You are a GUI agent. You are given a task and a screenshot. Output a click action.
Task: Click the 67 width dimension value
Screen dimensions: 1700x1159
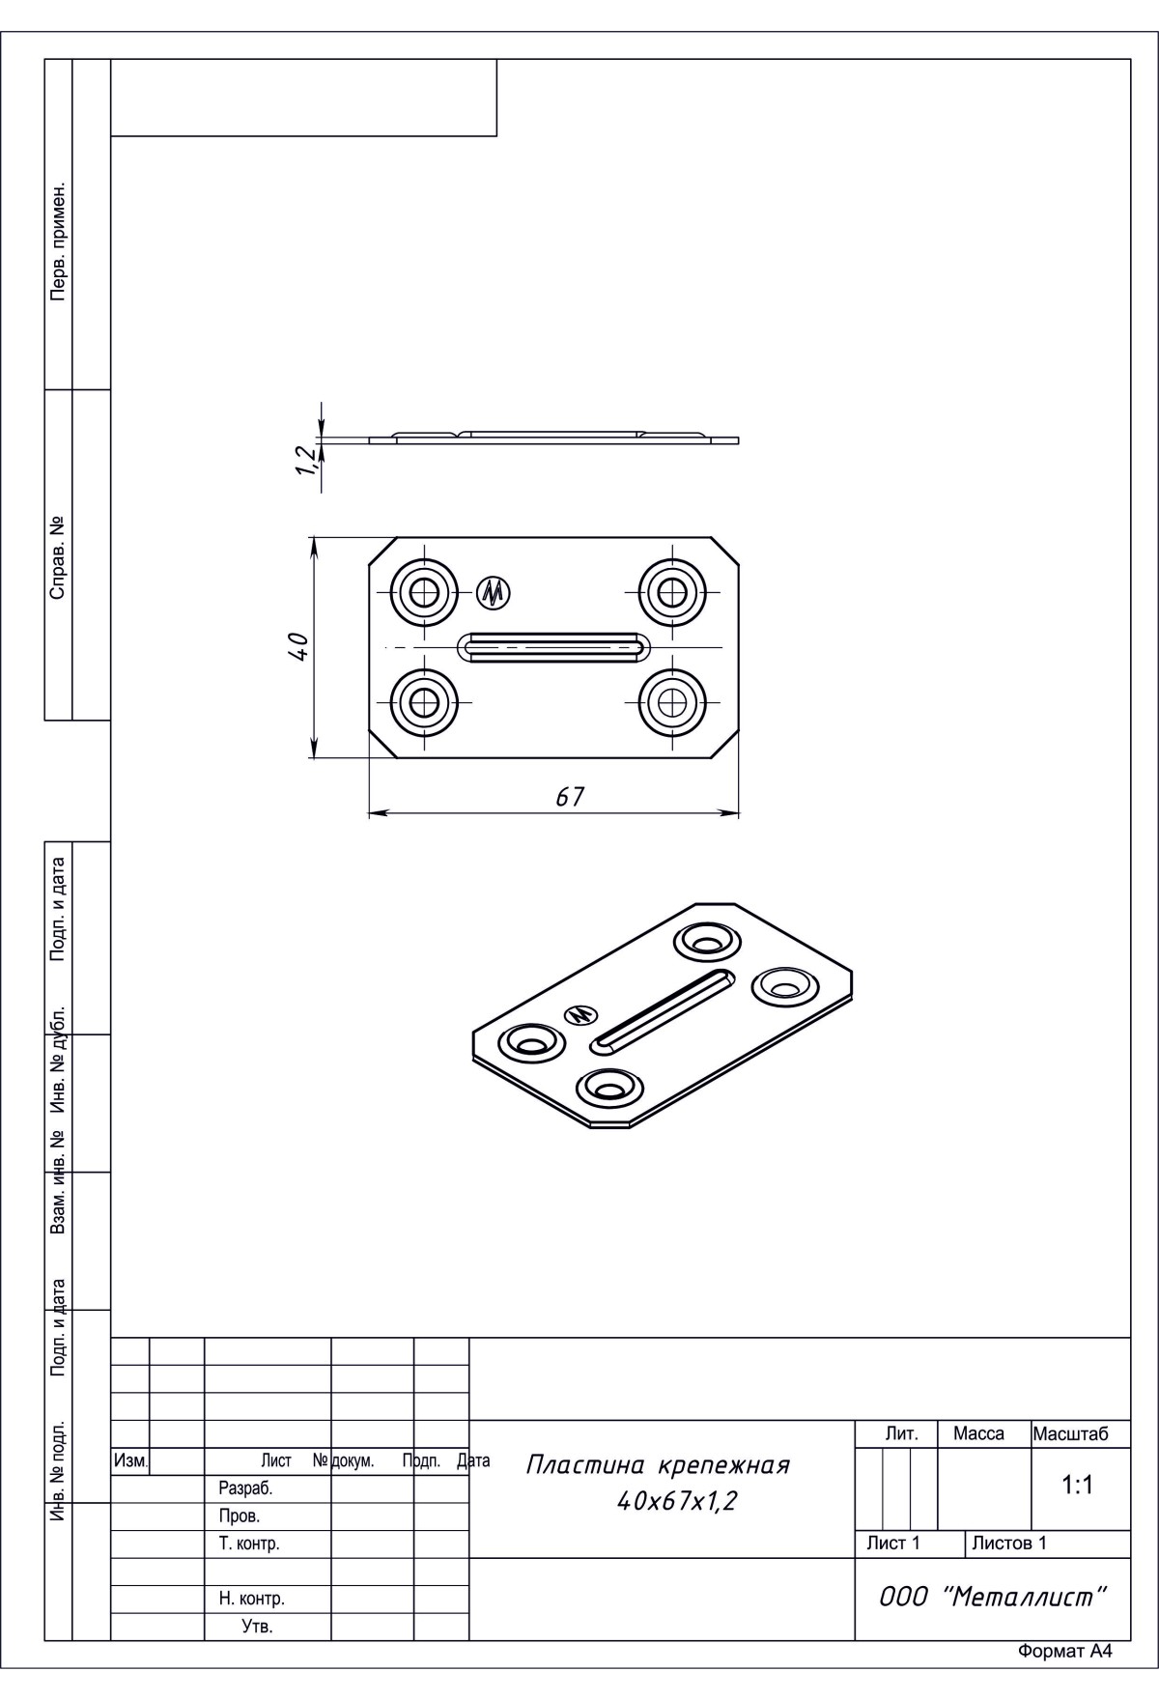tap(571, 797)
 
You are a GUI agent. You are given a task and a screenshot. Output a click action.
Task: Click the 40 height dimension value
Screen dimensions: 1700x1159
tap(298, 646)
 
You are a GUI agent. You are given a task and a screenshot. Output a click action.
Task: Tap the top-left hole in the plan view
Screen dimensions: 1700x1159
tap(423, 589)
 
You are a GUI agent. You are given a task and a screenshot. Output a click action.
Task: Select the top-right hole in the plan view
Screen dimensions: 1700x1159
tap(672, 589)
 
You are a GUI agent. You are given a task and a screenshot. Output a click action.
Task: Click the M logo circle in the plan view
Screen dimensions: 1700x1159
tap(495, 592)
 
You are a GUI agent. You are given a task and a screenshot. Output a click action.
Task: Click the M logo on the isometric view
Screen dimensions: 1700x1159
tap(579, 1014)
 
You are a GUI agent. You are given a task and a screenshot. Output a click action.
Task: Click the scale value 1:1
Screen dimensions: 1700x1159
tap(1077, 1486)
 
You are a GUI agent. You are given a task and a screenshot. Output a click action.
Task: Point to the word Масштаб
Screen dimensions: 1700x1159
tap(1070, 1434)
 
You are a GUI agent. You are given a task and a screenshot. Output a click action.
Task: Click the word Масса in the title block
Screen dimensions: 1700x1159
tap(978, 1434)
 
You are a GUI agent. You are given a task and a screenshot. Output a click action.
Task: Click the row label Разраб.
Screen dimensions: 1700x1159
tap(245, 1488)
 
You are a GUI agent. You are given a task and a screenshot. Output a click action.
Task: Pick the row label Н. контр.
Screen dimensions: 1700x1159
tap(251, 1599)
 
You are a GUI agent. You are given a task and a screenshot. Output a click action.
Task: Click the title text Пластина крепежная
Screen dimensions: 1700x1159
tap(658, 1465)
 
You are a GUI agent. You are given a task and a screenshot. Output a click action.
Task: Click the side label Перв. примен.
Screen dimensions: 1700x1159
tap(58, 239)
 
